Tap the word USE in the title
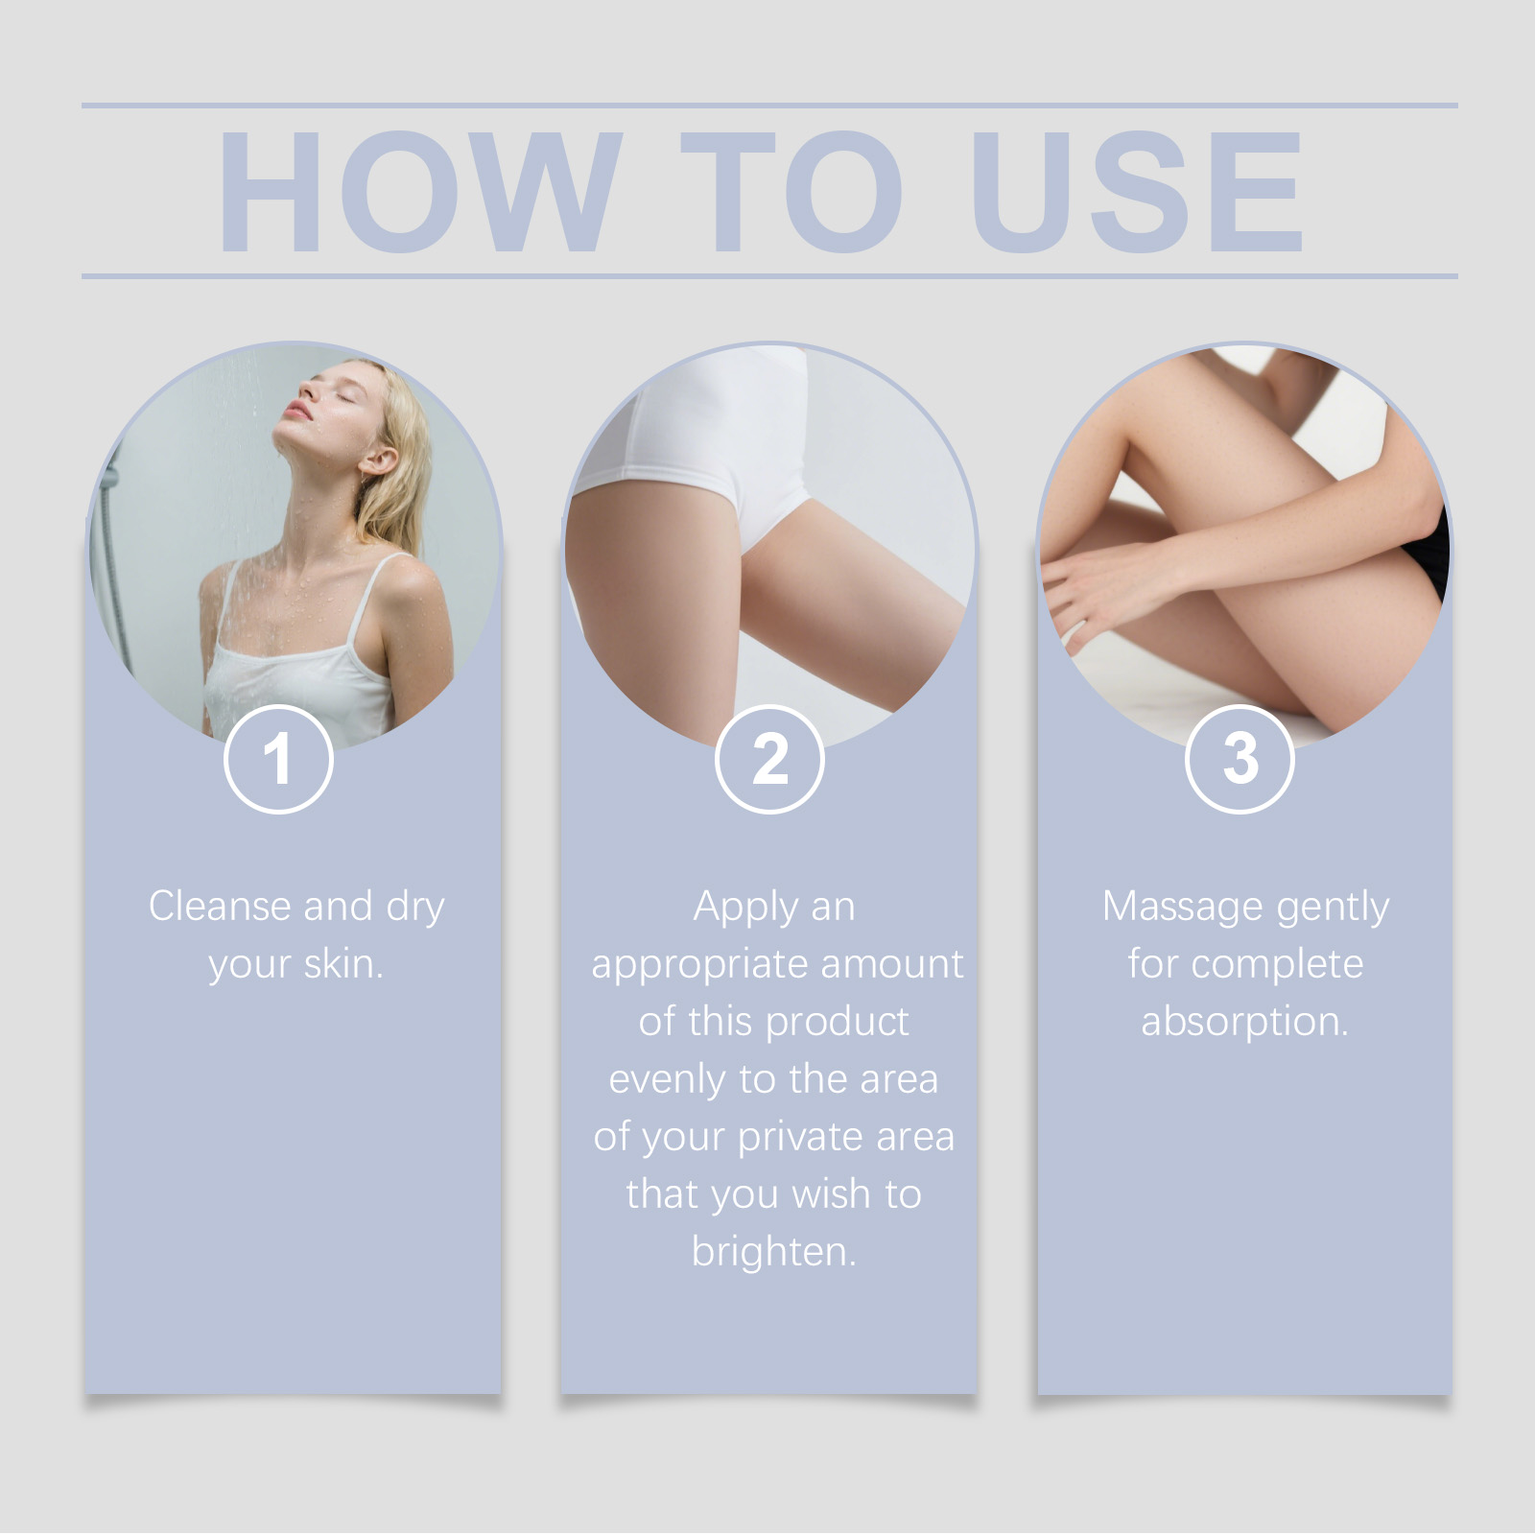tap(1138, 192)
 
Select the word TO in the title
tap(792, 192)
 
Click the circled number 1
tap(278, 759)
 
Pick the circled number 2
tap(769, 759)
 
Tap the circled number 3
tap(1240, 759)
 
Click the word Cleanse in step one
tap(220, 906)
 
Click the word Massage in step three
tap(1182, 908)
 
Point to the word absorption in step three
tap(1244, 1023)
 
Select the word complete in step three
tap(1277, 965)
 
